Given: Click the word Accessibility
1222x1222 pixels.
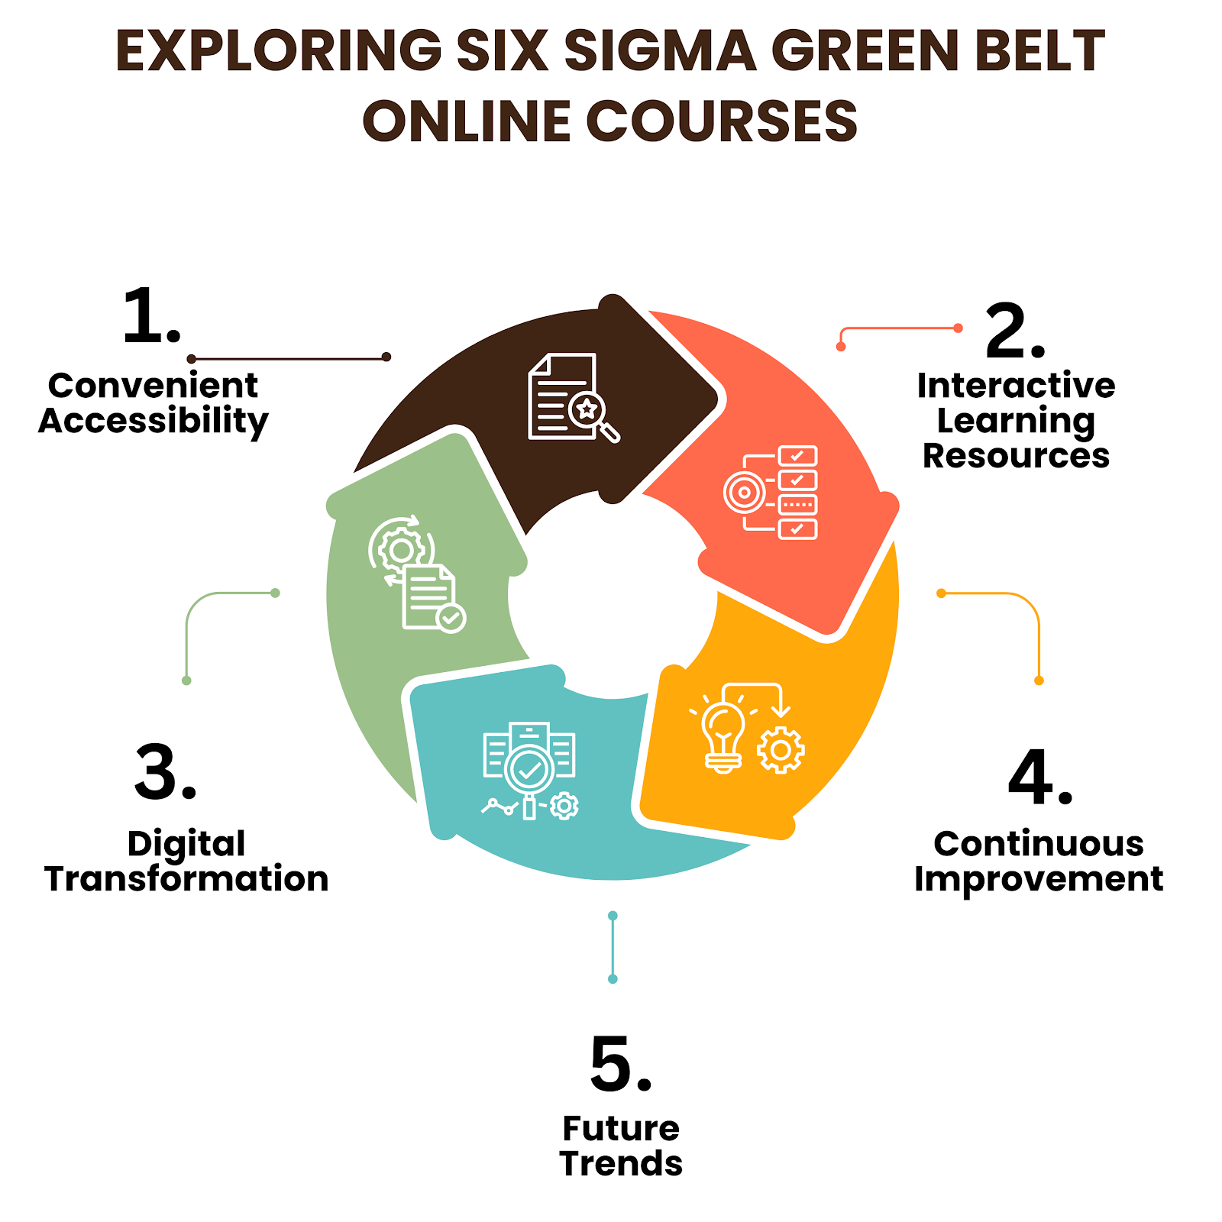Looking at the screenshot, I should click(154, 421).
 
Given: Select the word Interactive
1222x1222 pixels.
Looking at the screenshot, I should click(1016, 386).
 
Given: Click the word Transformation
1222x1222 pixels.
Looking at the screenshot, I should click(186, 879).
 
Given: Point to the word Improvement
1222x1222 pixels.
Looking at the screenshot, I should click(1039, 879).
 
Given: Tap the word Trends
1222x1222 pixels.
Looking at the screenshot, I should click(621, 1164).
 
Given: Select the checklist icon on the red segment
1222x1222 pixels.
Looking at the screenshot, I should click(771, 493).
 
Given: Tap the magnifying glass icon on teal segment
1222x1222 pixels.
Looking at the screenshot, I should click(529, 771).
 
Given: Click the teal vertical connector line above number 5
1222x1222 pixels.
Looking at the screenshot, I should click(613, 947).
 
